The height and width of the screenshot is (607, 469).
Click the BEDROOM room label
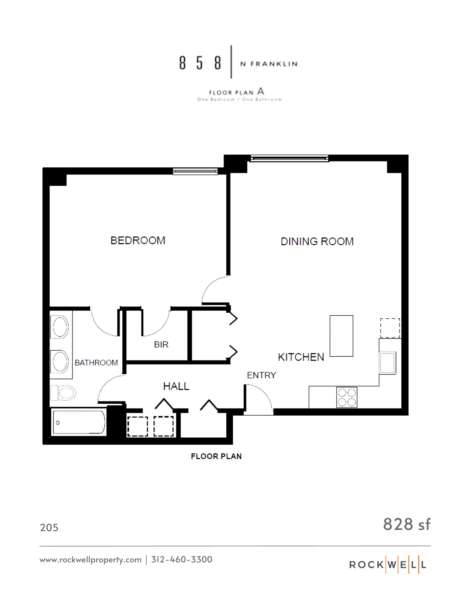[138, 240]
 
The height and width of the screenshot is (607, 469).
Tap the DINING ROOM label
[317, 242]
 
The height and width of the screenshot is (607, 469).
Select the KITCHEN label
[301, 357]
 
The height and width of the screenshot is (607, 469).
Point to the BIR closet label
[161, 344]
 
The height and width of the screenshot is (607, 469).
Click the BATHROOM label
[96, 363]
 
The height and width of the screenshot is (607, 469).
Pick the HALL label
[176, 386]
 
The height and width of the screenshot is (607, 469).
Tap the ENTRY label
[261, 375]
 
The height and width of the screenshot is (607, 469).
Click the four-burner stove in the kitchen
[347, 397]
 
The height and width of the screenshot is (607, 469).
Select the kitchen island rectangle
[341, 336]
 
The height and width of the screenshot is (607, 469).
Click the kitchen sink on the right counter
[388, 362]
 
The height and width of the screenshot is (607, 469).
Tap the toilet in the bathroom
[63, 393]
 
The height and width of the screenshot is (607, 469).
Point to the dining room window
[289, 158]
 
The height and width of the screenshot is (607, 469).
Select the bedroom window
[195, 171]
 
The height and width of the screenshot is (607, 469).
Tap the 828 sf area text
[406, 524]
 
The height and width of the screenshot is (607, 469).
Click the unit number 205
[49, 528]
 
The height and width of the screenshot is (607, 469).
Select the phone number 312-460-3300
[182, 559]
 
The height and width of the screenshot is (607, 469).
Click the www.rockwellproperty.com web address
[90, 560]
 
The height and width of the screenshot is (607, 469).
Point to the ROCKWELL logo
[388, 565]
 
